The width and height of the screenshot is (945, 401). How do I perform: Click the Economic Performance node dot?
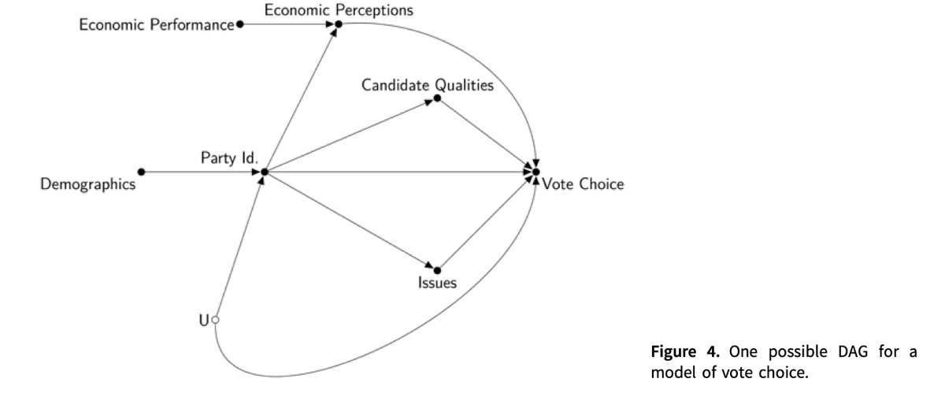[240, 24]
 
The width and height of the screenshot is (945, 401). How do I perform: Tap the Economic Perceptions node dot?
[337, 24]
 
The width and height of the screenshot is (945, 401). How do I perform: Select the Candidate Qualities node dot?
[437, 98]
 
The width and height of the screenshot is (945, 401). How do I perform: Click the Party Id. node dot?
[265, 172]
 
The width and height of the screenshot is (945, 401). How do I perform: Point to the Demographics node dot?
[141, 172]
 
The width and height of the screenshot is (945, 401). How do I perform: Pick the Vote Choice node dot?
[535, 172]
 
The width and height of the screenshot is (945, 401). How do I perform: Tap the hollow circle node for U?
[215, 320]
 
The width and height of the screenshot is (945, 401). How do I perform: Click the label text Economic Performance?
[157, 25]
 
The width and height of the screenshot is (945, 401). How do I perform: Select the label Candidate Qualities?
[428, 84]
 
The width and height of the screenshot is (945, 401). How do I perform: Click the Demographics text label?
[88, 185]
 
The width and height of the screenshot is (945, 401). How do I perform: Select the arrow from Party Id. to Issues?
[350, 221]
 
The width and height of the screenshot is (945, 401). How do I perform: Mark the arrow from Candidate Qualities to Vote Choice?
[486, 135]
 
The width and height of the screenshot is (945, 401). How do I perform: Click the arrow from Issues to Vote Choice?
[486, 221]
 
